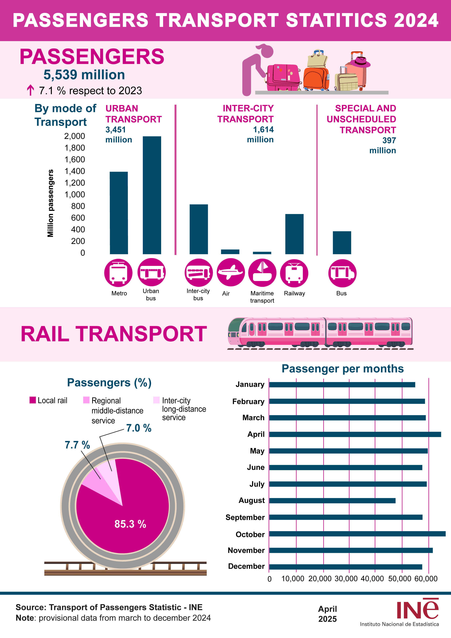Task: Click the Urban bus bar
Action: point(152,195)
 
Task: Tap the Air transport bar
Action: point(230,252)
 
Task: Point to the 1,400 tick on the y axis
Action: point(75,171)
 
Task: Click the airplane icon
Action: point(230,272)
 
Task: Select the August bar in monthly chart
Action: point(332,501)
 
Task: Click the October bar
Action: point(357,534)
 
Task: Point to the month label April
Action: point(256,434)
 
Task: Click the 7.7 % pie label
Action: point(77,445)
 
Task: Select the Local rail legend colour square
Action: point(33,400)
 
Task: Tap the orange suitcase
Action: point(316,78)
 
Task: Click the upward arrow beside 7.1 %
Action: point(30,90)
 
